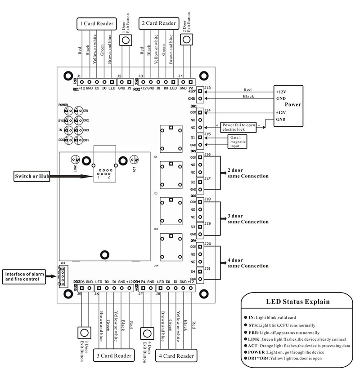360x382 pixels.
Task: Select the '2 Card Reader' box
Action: [x=158, y=24]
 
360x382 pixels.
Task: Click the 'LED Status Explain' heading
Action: [x=292, y=302]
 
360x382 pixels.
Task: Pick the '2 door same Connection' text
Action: [x=248, y=173]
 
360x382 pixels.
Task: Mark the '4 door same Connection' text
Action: [x=248, y=263]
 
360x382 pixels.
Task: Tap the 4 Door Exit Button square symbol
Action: [x=146, y=333]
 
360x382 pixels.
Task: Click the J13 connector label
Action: [x=208, y=88]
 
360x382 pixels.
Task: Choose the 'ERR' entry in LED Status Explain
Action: [x=253, y=332]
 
